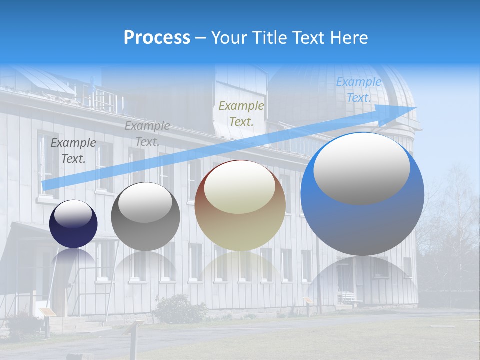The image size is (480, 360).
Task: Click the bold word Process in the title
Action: [x=157, y=38]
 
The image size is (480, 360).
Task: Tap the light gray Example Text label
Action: [x=147, y=134]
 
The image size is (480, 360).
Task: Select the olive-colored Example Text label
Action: [x=241, y=113]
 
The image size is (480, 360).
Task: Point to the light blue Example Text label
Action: [x=358, y=90]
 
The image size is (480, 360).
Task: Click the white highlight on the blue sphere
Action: [x=362, y=169]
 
